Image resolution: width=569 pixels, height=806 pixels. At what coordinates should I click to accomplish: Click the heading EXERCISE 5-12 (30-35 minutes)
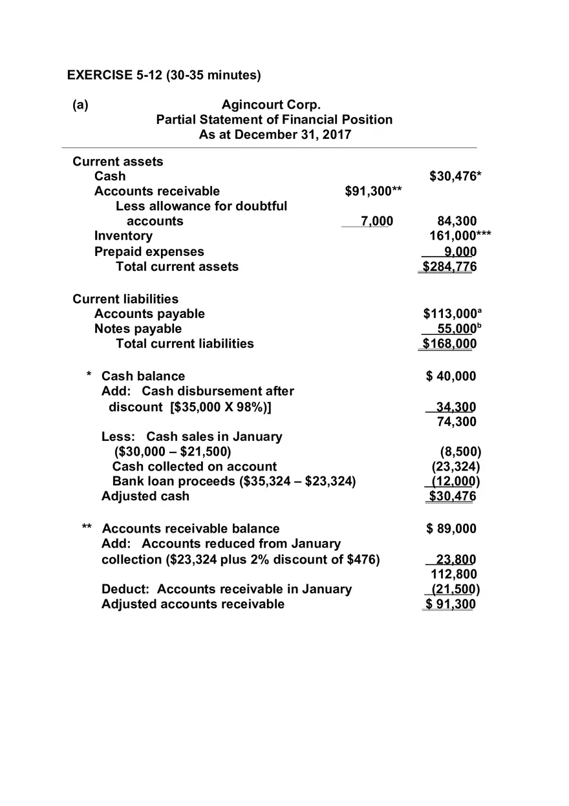pyautogui.click(x=164, y=75)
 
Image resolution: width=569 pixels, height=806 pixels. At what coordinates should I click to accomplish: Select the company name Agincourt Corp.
pyautogui.click(x=271, y=105)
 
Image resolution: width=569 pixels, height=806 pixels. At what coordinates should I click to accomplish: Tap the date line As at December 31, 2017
pyautogui.click(x=275, y=134)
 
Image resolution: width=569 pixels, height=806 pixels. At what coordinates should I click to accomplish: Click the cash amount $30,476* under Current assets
pyautogui.click(x=455, y=176)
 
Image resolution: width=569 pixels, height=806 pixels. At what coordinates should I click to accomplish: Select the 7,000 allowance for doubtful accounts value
pyautogui.click(x=376, y=221)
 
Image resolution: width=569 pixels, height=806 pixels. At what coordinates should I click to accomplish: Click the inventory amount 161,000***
pyautogui.click(x=460, y=236)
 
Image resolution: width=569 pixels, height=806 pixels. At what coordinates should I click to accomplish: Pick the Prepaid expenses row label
pyautogui.click(x=149, y=251)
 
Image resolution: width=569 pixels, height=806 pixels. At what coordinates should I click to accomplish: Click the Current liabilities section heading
pyautogui.click(x=125, y=299)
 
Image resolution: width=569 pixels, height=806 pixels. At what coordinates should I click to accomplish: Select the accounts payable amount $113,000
pyautogui.click(x=452, y=313)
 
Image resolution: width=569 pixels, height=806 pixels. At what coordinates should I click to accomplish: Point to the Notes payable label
pyautogui.click(x=138, y=328)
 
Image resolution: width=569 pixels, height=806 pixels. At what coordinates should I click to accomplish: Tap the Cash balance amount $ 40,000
pyautogui.click(x=451, y=376)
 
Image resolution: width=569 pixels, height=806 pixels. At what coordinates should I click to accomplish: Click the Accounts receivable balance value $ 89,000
pyautogui.click(x=451, y=529)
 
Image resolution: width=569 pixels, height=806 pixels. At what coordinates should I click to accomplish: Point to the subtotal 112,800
pyautogui.click(x=454, y=574)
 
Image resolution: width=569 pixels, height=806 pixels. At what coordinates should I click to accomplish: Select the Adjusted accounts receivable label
pyautogui.click(x=193, y=604)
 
